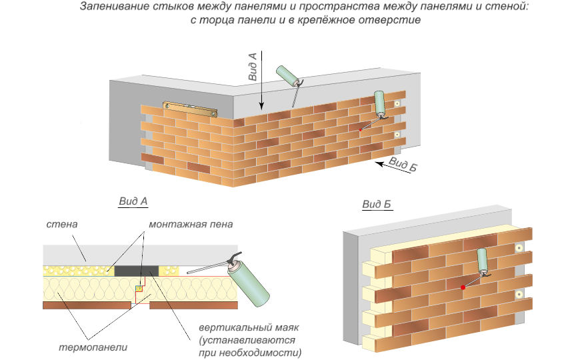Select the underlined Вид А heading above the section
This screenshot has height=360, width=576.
click(133, 201)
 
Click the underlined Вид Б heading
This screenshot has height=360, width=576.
click(377, 204)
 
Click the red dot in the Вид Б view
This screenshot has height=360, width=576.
click(462, 287)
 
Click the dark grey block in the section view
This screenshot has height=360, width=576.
click(137, 270)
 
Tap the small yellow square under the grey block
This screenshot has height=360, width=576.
click(139, 289)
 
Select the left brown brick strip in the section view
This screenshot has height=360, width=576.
click(87, 305)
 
